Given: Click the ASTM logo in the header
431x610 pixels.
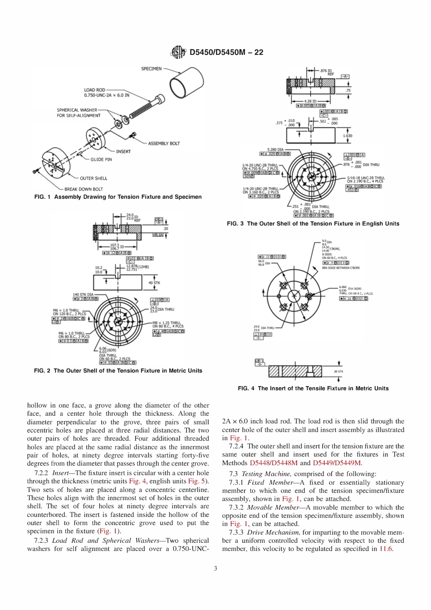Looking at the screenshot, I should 178,52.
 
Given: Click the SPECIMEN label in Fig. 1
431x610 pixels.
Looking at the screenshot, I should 151,69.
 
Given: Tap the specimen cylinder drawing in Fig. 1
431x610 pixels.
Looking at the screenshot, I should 187,82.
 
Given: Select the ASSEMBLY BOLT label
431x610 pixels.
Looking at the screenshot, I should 164,143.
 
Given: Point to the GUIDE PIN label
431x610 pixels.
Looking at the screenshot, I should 101,159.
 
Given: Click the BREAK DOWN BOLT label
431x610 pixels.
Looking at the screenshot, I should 83,189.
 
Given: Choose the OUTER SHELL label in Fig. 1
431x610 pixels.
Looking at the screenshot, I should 93,178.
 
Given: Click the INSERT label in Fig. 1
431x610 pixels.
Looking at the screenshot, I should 123,151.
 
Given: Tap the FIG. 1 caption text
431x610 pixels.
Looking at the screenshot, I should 118,197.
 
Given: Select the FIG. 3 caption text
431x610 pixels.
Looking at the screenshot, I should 313,223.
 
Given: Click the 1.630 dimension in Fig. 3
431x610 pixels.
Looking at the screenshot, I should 347,136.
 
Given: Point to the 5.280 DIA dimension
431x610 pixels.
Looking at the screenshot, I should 276,149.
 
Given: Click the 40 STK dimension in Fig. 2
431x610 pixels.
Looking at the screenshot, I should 154,283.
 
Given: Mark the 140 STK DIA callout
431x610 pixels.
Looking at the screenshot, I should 83,295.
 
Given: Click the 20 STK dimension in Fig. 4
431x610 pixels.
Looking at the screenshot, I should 338,371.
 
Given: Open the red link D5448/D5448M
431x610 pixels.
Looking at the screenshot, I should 274,463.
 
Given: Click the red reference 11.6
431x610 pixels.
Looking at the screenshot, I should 386,549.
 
